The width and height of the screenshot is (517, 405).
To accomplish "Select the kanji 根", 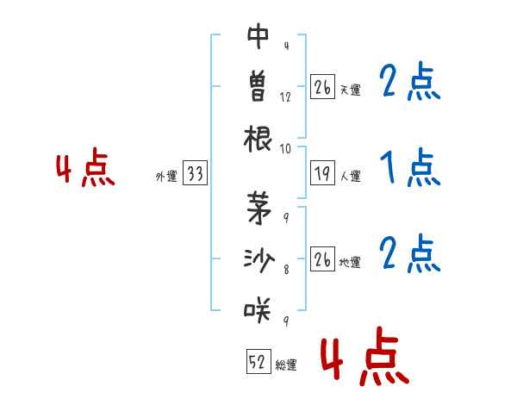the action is coord(258,138).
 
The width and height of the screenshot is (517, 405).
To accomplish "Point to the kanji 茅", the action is coord(258,206).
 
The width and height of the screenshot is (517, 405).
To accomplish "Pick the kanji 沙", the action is coord(258,257).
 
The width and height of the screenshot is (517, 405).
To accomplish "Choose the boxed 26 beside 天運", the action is coord(321,88).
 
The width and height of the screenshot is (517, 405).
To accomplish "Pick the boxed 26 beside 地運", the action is coord(321,259).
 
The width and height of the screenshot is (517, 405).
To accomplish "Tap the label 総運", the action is coord(286,364).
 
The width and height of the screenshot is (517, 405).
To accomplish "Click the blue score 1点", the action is coord(409,168).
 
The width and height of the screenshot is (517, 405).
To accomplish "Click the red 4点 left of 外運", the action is coord(84,169).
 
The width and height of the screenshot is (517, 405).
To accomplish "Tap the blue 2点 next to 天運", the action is coord(409,83).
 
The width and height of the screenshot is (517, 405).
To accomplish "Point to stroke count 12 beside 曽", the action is coord(285,97).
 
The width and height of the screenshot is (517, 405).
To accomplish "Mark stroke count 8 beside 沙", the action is coord(285,269).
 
